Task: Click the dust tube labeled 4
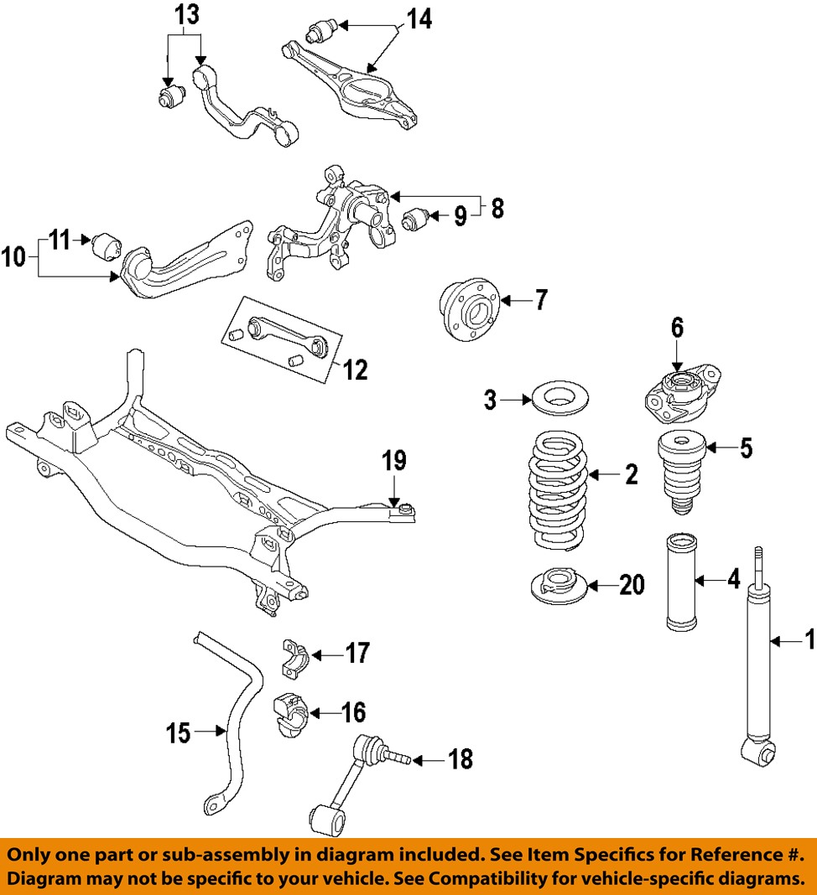681,580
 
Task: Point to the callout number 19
394,461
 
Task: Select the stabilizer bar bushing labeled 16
289,714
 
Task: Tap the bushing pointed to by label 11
107,247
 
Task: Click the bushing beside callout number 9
416,220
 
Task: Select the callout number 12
356,370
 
